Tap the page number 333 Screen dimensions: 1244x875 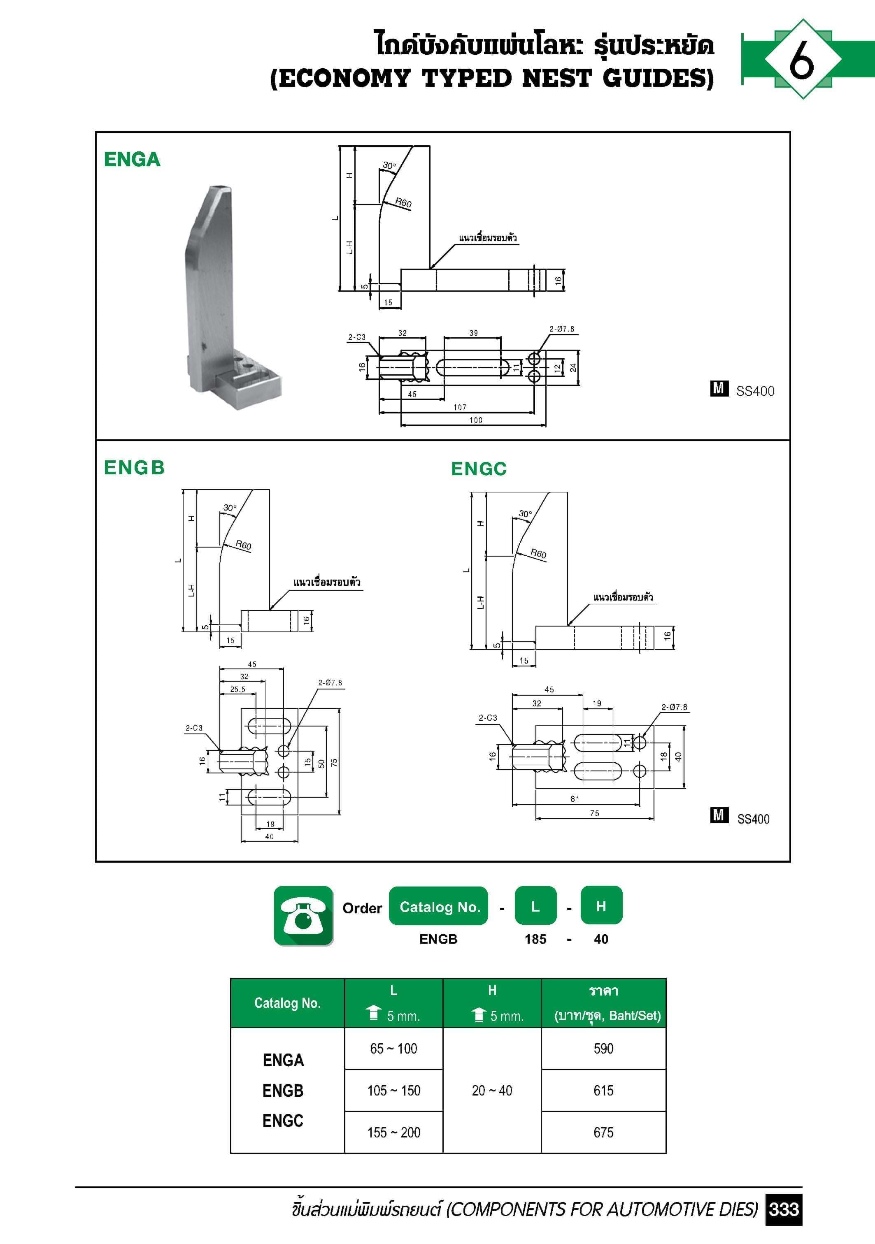[x=783, y=1209]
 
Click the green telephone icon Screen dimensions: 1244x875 [x=304, y=916]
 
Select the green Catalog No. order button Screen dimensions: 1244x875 [x=439, y=906]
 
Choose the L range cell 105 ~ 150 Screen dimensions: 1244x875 [x=393, y=1090]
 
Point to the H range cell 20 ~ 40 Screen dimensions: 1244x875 [x=492, y=1090]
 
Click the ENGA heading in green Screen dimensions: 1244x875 [x=132, y=159]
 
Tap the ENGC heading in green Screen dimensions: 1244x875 [x=479, y=469]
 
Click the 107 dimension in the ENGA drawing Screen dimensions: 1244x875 [x=460, y=407]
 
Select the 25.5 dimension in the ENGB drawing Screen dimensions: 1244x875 [x=237, y=689]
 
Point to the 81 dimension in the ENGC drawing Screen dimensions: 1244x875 [x=575, y=798]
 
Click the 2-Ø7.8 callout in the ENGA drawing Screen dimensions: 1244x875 [x=562, y=329]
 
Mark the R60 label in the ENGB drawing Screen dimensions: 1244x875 [x=243, y=545]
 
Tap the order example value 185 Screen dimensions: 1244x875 [x=535, y=939]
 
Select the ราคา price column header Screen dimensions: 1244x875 [x=603, y=991]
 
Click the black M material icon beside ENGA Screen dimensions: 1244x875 [x=719, y=388]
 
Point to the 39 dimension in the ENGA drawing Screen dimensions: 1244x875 [x=473, y=333]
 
